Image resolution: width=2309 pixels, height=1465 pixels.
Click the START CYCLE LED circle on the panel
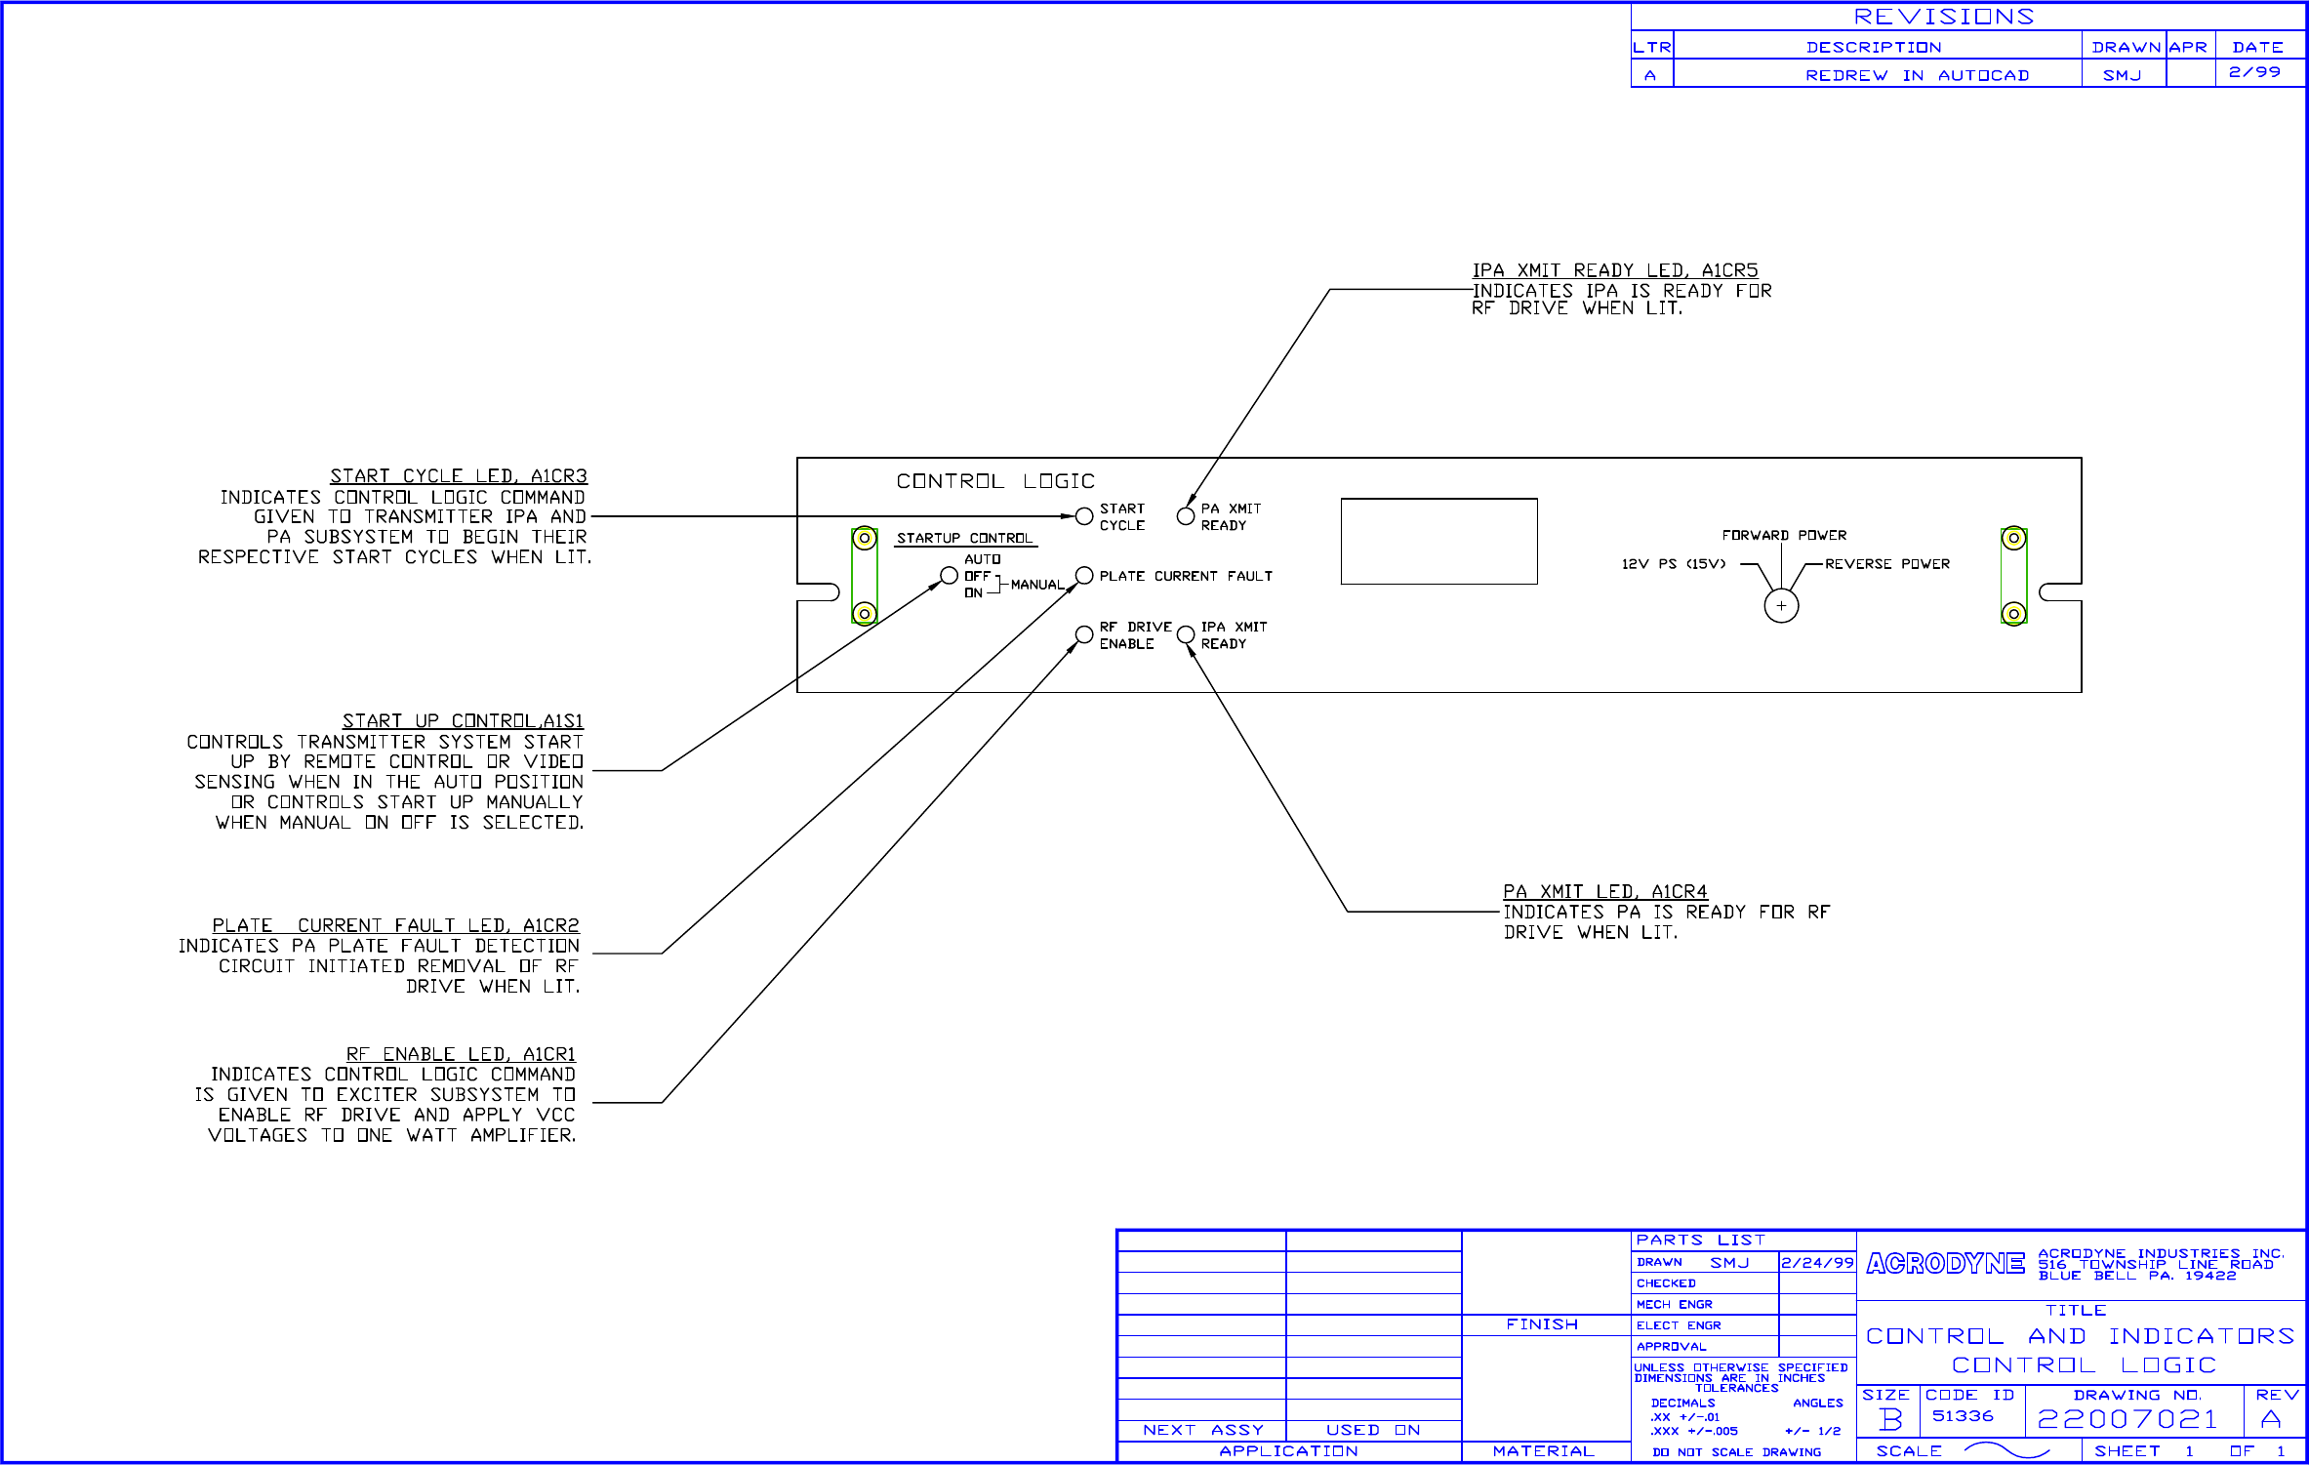click(1083, 516)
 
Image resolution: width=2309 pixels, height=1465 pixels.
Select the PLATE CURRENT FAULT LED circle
click(1083, 576)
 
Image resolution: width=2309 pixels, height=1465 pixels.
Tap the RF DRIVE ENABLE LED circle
click(1083, 634)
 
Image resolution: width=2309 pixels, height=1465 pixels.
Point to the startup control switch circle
click(949, 576)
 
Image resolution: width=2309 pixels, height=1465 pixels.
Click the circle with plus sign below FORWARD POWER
click(1781, 606)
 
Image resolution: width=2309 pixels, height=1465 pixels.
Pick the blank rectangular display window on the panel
click(1438, 542)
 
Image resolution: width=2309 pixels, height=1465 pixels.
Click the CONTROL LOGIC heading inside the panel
click(995, 481)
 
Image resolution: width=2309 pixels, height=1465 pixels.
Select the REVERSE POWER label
click(1886, 564)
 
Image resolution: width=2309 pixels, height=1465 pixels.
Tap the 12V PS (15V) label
click(1673, 564)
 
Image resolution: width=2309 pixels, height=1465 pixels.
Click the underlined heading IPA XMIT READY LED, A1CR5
click(1614, 270)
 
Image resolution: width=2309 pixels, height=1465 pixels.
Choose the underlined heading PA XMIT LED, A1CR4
click(1604, 892)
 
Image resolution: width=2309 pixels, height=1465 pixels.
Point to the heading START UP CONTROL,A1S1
click(463, 721)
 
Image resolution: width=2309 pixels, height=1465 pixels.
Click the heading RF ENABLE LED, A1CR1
click(461, 1054)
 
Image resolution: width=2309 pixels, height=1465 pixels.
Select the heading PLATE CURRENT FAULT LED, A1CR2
click(395, 925)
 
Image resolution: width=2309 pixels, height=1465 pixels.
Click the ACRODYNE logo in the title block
click(1945, 1264)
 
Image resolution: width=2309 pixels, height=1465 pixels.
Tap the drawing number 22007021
click(2127, 1419)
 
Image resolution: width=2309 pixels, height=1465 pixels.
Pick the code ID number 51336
click(1963, 1416)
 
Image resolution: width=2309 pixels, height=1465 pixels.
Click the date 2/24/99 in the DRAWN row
click(1816, 1263)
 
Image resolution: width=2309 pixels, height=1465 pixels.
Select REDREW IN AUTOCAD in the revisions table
click(1917, 75)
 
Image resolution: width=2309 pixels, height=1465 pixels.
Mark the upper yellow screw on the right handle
click(2013, 538)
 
